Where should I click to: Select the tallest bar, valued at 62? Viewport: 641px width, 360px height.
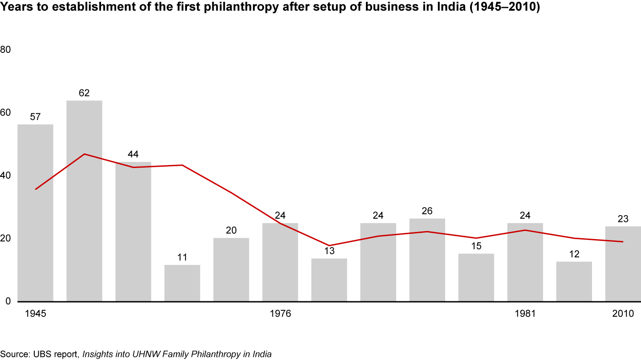click(x=84, y=201)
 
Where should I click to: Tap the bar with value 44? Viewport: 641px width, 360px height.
click(x=133, y=231)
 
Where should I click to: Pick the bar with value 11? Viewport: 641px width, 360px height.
click(x=182, y=283)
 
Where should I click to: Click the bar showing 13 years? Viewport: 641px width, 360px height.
click(x=329, y=280)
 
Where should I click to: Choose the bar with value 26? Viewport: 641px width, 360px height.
click(x=427, y=260)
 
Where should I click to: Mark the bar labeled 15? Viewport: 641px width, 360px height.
click(x=476, y=277)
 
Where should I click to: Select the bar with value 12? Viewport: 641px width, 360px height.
click(x=574, y=281)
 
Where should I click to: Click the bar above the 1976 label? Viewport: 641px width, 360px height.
click(x=280, y=262)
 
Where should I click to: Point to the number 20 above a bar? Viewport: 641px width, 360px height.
click(x=231, y=230)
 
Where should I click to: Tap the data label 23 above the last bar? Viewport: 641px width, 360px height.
click(x=623, y=219)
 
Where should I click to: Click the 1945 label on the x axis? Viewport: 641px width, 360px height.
click(x=35, y=314)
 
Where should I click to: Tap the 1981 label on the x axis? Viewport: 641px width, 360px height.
click(x=525, y=314)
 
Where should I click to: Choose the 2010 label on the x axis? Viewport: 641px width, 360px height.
click(x=623, y=314)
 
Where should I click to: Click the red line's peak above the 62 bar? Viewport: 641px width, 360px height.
click(x=84, y=154)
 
